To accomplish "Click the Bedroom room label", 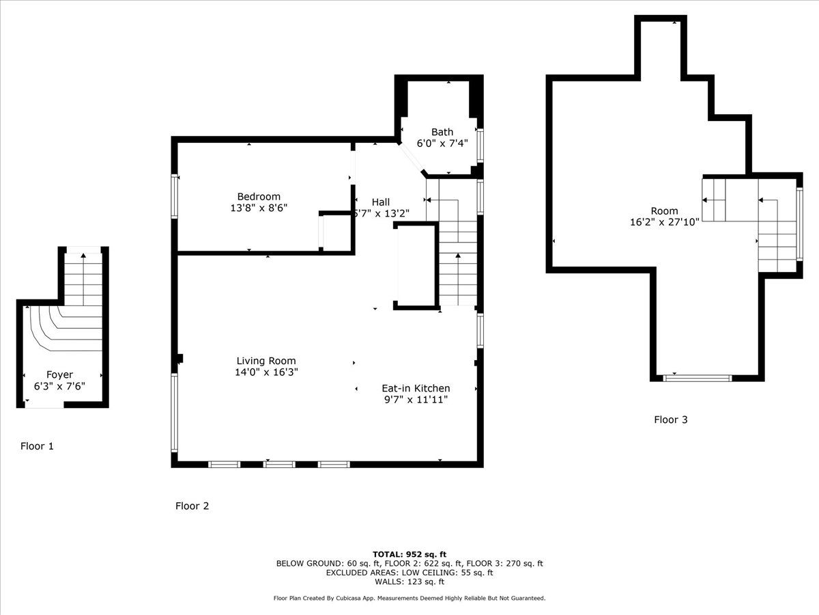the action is [x=259, y=196].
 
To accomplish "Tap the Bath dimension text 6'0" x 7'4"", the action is [x=442, y=143].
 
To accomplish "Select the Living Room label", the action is [x=266, y=361].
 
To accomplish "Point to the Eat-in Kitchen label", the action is [x=416, y=388].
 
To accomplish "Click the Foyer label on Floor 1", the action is [x=59, y=374].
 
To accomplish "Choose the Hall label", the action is [x=381, y=202].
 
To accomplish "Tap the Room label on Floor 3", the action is [x=664, y=210].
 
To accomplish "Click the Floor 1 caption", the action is [x=37, y=446].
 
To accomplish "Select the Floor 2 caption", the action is [x=192, y=506].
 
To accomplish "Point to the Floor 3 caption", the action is [x=670, y=420].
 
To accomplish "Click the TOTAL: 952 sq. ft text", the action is [x=409, y=554].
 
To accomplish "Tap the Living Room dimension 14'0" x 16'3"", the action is [x=266, y=372].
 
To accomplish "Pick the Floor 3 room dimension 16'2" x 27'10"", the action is [x=665, y=222].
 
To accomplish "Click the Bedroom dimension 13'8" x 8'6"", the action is [x=259, y=208].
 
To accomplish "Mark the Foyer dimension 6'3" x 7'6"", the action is [x=59, y=386].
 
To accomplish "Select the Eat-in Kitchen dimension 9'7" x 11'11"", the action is [x=416, y=400].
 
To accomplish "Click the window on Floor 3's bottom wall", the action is [x=697, y=379].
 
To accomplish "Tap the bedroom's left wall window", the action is [x=175, y=196].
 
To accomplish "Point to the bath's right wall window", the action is [x=480, y=146].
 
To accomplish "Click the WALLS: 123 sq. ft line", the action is [x=409, y=582].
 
